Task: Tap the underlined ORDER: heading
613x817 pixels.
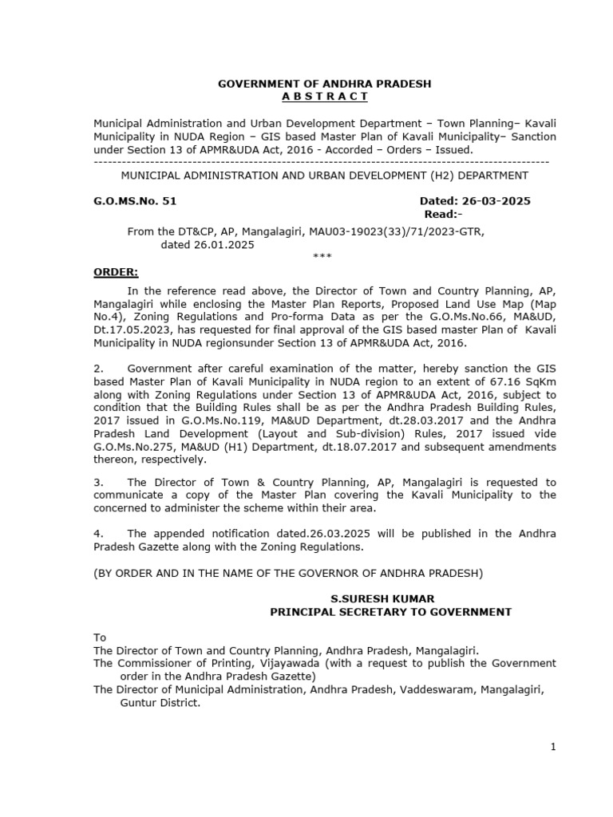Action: pyautogui.click(x=116, y=271)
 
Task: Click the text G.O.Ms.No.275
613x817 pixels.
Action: pyautogui.click(x=131, y=447)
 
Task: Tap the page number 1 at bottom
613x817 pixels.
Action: pyautogui.click(x=552, y=747)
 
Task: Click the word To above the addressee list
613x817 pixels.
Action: pyautogui.click(x=100, y=637)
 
